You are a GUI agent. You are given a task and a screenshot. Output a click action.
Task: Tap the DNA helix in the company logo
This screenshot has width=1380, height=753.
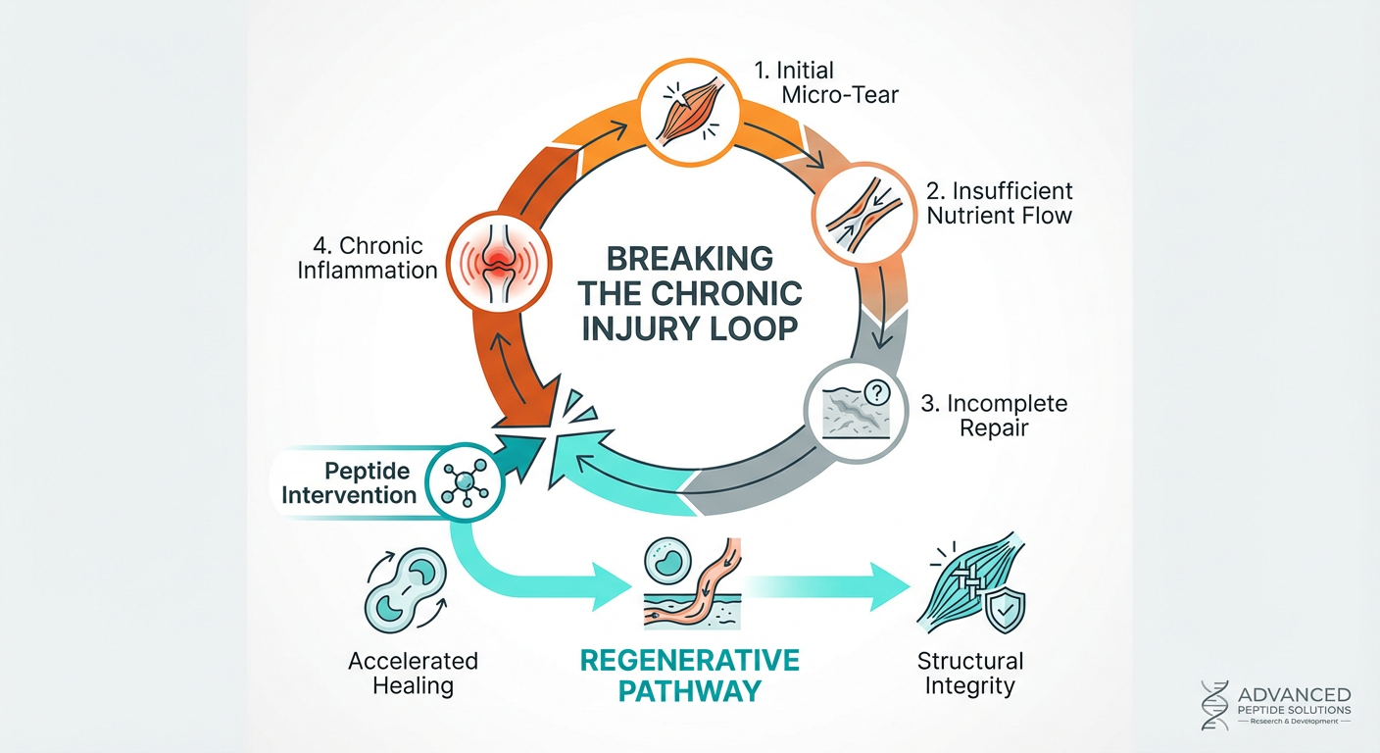click(x=1214, y=706)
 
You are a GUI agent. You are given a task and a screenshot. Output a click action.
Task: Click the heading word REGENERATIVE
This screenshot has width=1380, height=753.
click(x=689, y=659)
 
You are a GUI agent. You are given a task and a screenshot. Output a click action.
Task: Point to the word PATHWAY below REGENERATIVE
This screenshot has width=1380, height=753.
click(x=689, y=690)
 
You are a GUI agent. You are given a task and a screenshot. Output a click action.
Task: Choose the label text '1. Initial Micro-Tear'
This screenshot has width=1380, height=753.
click(x=823, y=83)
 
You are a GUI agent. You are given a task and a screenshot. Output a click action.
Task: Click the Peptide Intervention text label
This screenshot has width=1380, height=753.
click(x=349, y=480)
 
